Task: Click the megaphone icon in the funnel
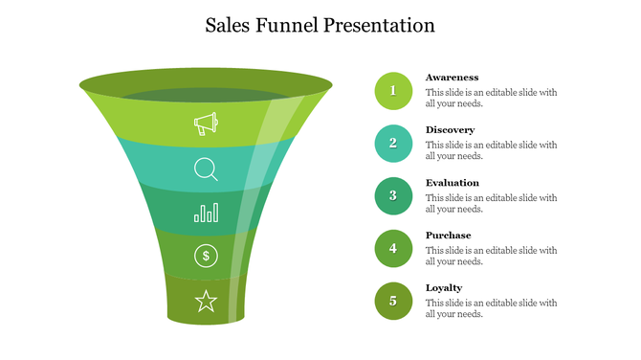206,124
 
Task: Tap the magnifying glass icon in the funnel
206,169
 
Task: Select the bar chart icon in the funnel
206,212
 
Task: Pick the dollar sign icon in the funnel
206,256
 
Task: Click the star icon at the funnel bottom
206,302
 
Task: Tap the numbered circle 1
393,91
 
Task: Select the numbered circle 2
393,144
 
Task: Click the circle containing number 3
393,196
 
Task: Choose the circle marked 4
393,249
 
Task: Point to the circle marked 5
393,302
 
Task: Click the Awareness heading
452,78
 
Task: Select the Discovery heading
450,130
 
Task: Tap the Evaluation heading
453,183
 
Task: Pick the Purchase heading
448,236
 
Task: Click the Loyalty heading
444,288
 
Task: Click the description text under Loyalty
491,308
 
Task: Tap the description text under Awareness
491,98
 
